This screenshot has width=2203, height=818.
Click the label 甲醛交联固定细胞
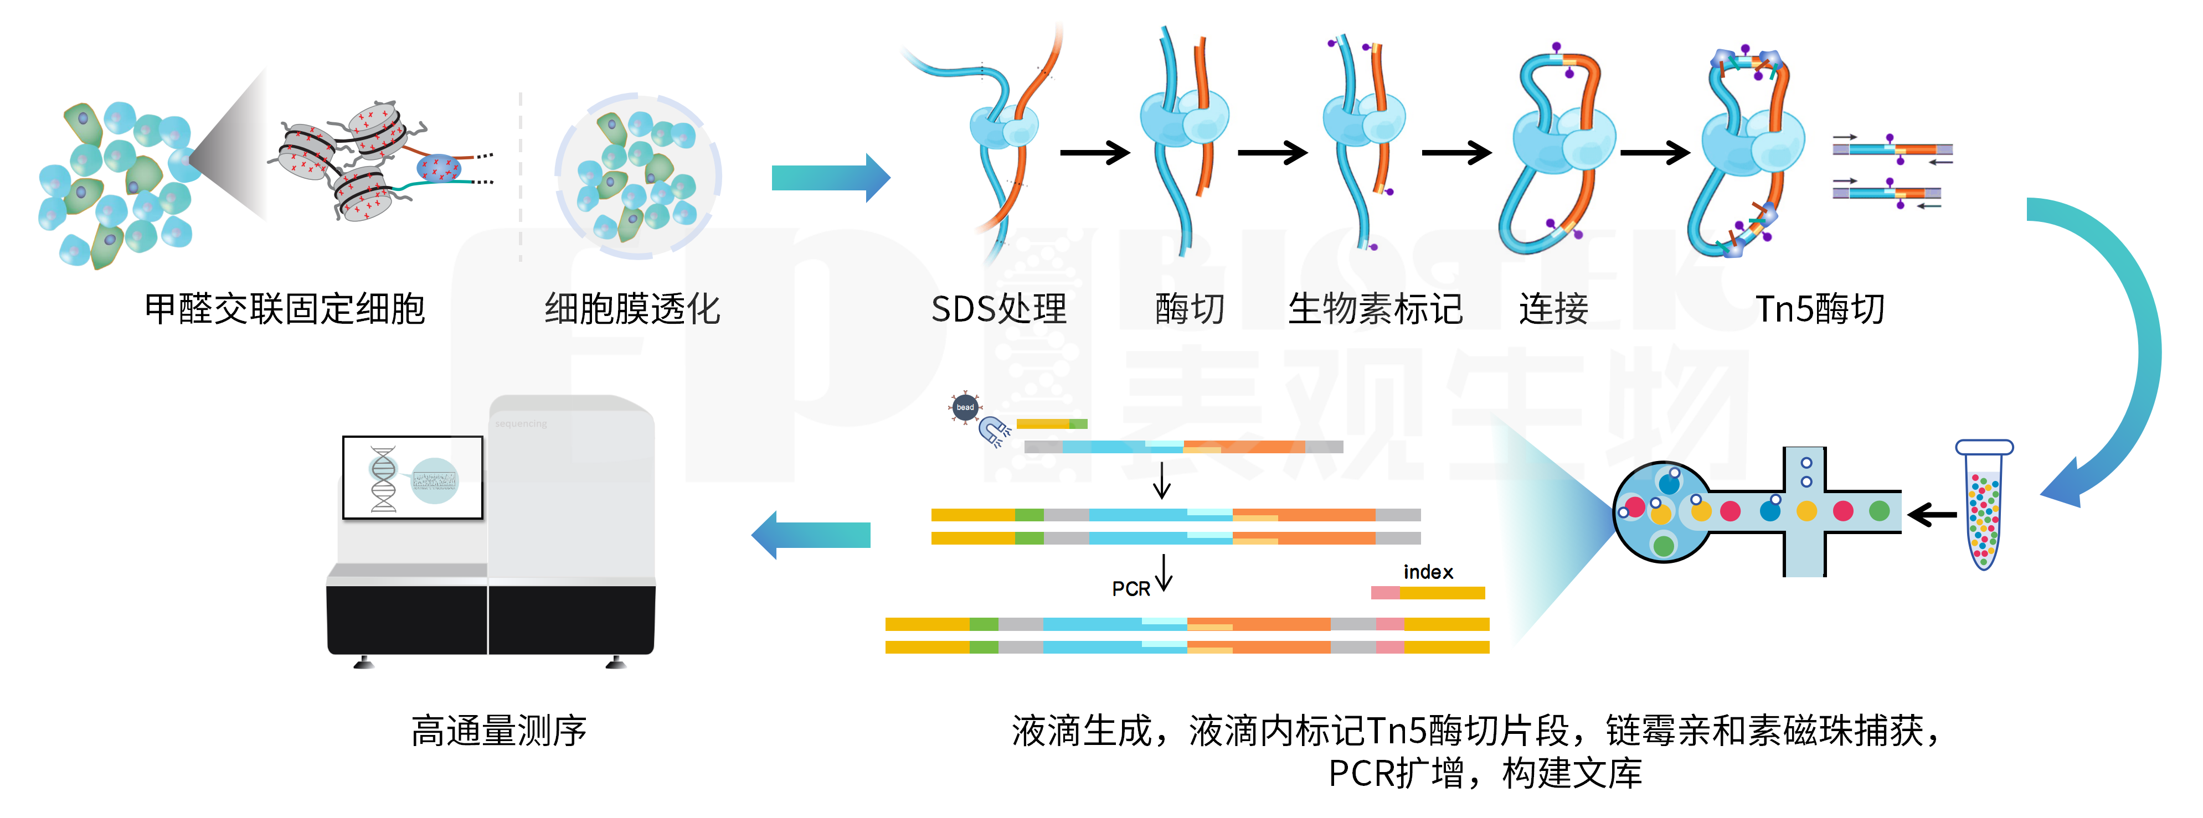pyautogui.click(x=284, y=309)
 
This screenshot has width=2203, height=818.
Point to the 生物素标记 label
pyautogui.click(x=1375, y=309)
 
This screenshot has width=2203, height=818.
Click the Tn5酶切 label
pyautogui.click(x=1819, y=309)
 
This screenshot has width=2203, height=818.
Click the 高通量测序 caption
pyautogui.click(x=498, y=731)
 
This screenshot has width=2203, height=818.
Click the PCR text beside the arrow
pyautogui.click(x=1131, y=589)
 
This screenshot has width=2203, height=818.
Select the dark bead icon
pyautogui.click(x=965, y=407)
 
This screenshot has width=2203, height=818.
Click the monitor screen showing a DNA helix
pyautogui.click(x=412, y=478)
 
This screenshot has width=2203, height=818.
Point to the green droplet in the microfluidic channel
pyautogui.click(x=1879, y=511)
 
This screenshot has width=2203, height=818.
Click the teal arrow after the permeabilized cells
pyautogui.click(x=830, y=178)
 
